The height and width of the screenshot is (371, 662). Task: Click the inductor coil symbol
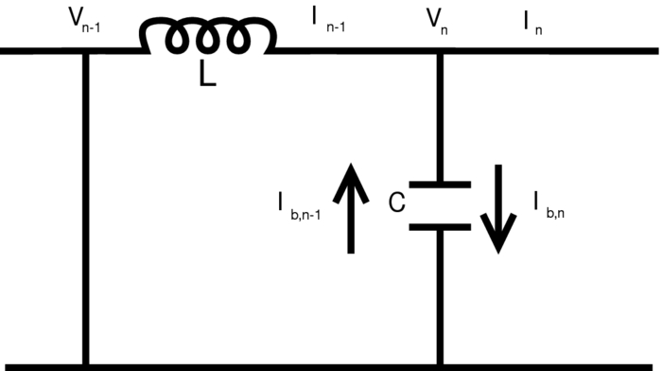207,38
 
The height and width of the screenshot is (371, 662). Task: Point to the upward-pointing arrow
351,208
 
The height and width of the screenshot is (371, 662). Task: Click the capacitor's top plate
440,185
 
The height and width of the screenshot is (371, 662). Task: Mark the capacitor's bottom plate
440,227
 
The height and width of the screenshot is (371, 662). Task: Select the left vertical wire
86,208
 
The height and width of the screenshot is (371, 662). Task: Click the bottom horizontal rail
331,366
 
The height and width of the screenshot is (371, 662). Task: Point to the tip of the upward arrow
351,165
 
